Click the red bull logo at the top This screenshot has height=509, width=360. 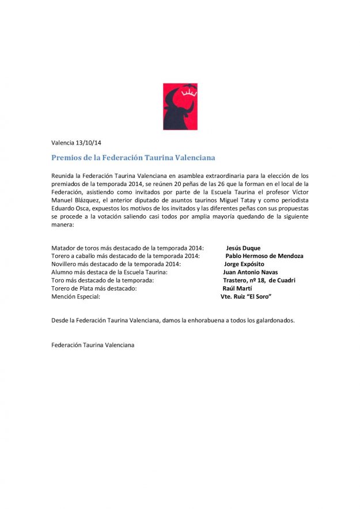tap(180, 107)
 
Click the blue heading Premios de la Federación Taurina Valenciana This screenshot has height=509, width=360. tap(134, 157)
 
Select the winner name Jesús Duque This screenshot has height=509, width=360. tap(243, 248)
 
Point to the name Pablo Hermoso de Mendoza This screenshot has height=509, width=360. tap(264, 256)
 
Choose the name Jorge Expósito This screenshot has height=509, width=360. tap(244, 264)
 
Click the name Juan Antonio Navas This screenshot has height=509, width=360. tap(250, 272)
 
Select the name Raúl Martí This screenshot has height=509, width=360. tap(237, 288)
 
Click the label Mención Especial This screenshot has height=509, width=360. tap(75, 297)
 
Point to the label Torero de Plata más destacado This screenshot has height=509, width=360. tap(94, 288)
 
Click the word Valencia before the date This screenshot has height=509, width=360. tap(63, 142)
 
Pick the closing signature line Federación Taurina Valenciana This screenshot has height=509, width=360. tap(93, 345)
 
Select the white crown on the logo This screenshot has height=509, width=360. tap(189, 91)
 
